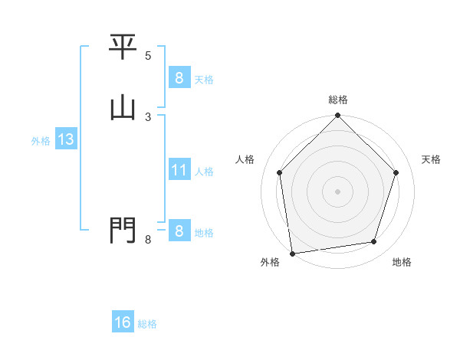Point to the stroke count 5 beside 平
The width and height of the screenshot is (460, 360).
pos(148,56)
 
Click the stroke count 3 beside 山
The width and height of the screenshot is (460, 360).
pos(148,116)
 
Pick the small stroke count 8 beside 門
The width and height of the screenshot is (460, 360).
pos(148,240)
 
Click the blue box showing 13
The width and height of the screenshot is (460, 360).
pos(66,139)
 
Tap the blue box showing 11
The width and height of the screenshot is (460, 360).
pos(179,170)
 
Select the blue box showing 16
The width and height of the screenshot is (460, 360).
pos(123,322)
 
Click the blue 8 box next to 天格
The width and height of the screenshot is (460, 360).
pos(179,77)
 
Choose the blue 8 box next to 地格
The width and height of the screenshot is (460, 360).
pos(179,231)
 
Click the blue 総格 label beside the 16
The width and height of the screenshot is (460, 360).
pos(148,324)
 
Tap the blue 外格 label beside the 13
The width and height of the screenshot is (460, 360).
pos(41,141)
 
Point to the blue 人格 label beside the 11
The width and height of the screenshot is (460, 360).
pos(205,172)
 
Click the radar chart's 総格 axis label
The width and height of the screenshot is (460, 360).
pos(338,100)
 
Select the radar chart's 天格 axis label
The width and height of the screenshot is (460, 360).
pos(432,159)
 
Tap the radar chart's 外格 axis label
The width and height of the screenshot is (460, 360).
pos(270,262)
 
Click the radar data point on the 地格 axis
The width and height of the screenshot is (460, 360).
pos(374,242)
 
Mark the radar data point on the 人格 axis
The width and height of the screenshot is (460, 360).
pos(280,172)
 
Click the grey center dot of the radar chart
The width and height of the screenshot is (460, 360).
pos(338,191)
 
